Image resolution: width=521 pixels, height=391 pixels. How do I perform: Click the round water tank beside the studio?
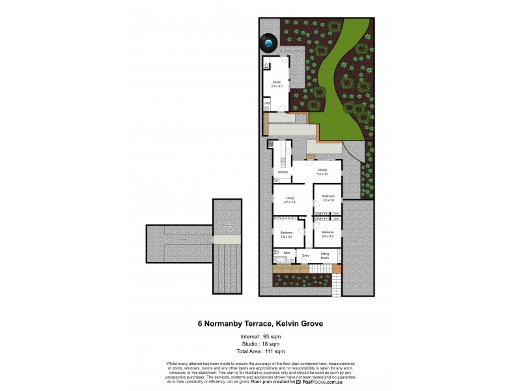click(268, 43)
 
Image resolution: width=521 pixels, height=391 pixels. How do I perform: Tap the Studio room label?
click(276, 81)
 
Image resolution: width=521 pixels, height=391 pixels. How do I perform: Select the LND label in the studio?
click(266, 103)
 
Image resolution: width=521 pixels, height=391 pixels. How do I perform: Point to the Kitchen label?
click(283, 172)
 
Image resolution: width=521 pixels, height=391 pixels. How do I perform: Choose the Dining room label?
click(322, 171)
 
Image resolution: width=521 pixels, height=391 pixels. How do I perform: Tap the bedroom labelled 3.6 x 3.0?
click(287, 234)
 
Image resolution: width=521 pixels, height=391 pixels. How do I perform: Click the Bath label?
click(286, 252)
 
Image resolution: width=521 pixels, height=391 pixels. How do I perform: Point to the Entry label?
click(305, 255)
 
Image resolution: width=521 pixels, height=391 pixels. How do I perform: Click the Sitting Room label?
click(324, 254)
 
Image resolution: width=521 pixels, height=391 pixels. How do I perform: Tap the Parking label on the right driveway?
click(359, 241)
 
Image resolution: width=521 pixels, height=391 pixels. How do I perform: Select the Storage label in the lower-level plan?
click(181, 240)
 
